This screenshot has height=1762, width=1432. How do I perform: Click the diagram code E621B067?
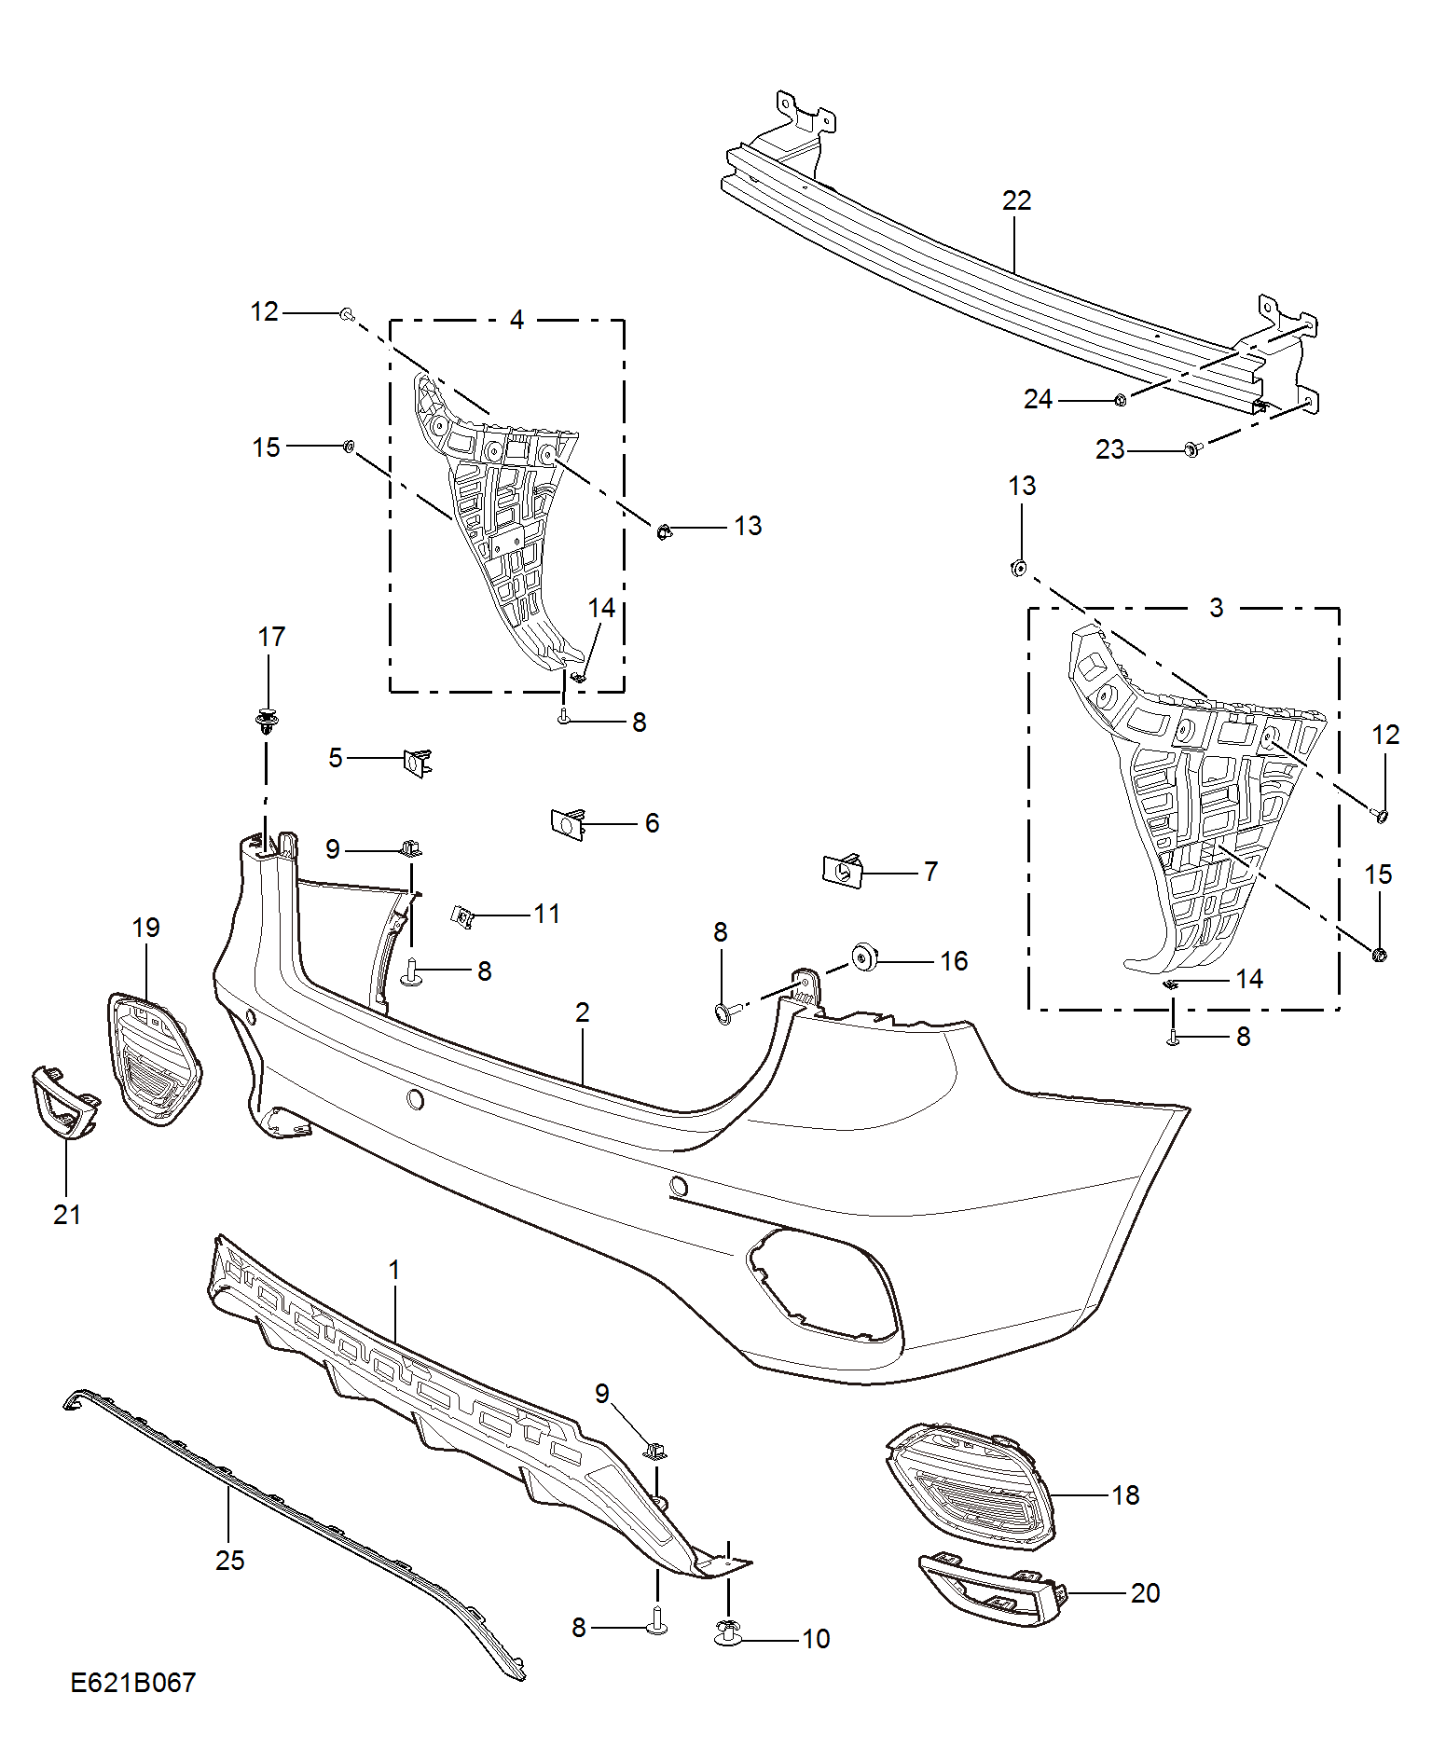pyautogui.click(x=133, y=1682)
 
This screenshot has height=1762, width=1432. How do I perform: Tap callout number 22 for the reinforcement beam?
pyautogui.click(x=1017, y=200)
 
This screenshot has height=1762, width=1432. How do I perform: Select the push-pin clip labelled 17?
pyautogui.click(x=268, y=721)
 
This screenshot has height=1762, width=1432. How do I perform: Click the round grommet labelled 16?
pyautogui.click(x=864, y=957)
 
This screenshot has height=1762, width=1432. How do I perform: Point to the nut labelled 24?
pyautogui.click(x=1121, y=400)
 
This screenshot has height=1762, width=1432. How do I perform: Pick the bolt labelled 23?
pyautogui.click(x=1192, y=449)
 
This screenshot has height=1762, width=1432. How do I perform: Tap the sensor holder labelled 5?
pyautogui.click(x=417, y=762)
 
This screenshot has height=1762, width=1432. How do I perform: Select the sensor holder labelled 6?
pyautogui.click(x=568, y=823)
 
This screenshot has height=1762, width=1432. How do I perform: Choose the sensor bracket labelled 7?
pyautogui.click(x=842, y=871)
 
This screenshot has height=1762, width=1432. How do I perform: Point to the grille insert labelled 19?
pyautogui.click(x=155, y=1059)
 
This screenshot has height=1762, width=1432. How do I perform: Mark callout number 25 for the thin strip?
pyautogui.click(x=229, y=1561)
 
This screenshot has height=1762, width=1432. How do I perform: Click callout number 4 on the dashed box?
pyautogui.click(x=516, y=320)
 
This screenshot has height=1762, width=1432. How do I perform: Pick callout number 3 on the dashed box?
pyautogui.click(x=1216, y=608)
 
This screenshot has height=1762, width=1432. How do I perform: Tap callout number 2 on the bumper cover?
pyautogui.click(x=583, y=1012)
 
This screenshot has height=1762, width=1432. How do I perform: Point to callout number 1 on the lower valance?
pyautogui.click(x=394, y=1271)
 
